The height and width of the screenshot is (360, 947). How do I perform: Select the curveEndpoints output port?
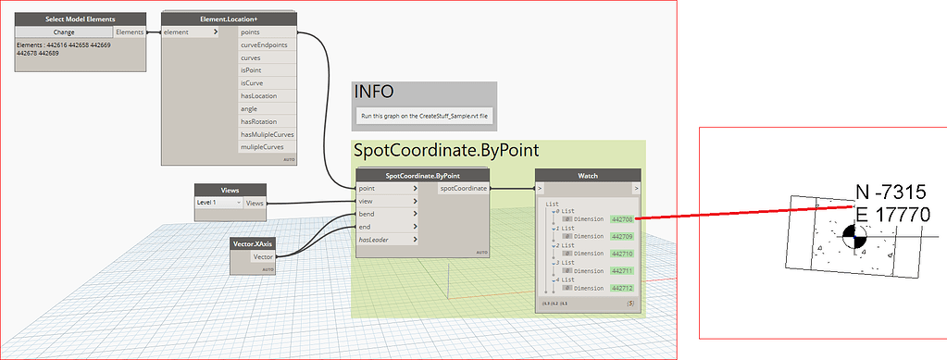(x=264, y=44)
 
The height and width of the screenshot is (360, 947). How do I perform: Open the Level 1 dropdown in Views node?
(x=218, y=203)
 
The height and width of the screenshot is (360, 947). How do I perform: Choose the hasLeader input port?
(x=378, y=240)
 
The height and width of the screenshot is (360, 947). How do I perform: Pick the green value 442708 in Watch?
(x=621, y=219)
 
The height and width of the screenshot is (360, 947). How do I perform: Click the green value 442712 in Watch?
(x=621, y=288)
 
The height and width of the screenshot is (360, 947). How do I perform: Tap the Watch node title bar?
(x=588, y=175)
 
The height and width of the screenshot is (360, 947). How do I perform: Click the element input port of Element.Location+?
(x=177, y=32)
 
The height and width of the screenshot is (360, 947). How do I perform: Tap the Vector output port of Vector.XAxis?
(x=263, y=256)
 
